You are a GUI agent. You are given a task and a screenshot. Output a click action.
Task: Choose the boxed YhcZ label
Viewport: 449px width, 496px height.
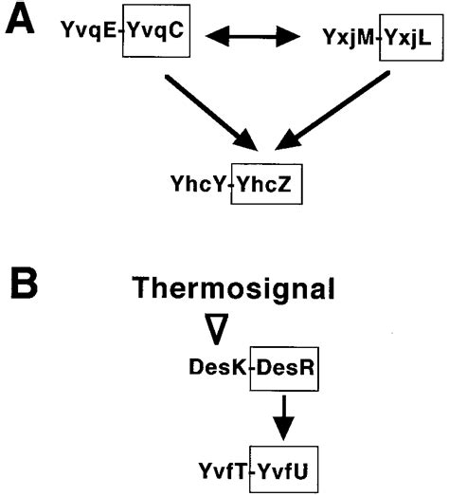270,186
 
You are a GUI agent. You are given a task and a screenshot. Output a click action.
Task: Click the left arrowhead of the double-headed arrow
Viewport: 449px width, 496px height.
216,37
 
